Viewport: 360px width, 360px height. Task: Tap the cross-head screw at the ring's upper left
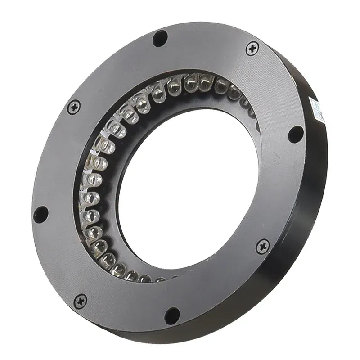click(74, 107)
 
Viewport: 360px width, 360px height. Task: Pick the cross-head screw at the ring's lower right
click(262, 246)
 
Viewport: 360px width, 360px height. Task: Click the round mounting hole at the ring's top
click(160, 38)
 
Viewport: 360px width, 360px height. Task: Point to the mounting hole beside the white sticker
click(296, 134)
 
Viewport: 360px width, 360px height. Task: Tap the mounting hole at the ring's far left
click(40, 214)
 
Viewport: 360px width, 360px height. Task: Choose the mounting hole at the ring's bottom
click(172, 315)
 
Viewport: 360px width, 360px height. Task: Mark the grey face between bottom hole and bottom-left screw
click(126, 310)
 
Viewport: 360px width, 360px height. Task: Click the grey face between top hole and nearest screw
click(207, 45)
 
